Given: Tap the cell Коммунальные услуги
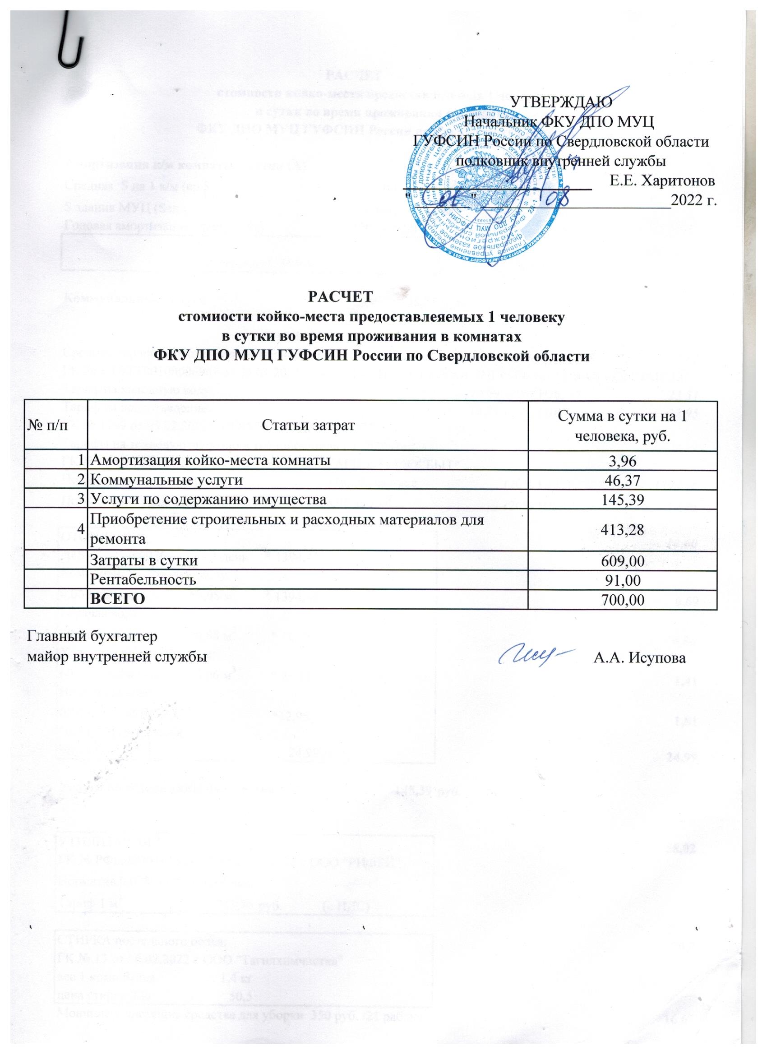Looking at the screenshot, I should pyautogui.click(x=166, y=480).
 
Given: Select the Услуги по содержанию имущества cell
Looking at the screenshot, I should pyautogui.click(x=208, y=499).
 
